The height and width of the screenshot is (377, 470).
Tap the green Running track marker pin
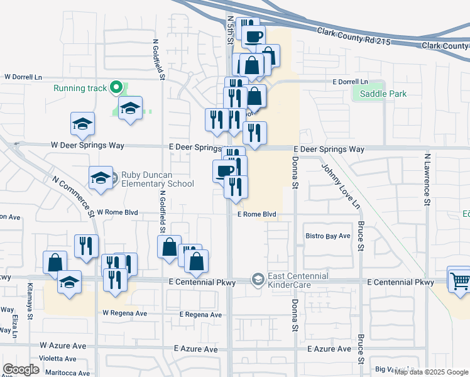(x=116, y=88)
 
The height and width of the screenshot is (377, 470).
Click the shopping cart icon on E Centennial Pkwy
(x=460, y=280)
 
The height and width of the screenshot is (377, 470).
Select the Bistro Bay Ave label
(x=327, y=236)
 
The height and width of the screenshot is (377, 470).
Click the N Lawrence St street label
(x=427, y=180)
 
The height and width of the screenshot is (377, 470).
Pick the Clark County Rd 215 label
(x=354, y=36)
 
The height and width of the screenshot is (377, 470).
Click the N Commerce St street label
(x=74, y=196)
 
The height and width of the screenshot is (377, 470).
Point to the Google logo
(x=21, y=369)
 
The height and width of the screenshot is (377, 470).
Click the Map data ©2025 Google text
(x=431, y=372)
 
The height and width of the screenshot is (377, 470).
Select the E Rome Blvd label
(x=256, y=214)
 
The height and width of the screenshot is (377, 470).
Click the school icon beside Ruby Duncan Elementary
(x=101, y=178)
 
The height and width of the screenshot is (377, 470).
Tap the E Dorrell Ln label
(x=350, y=82)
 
